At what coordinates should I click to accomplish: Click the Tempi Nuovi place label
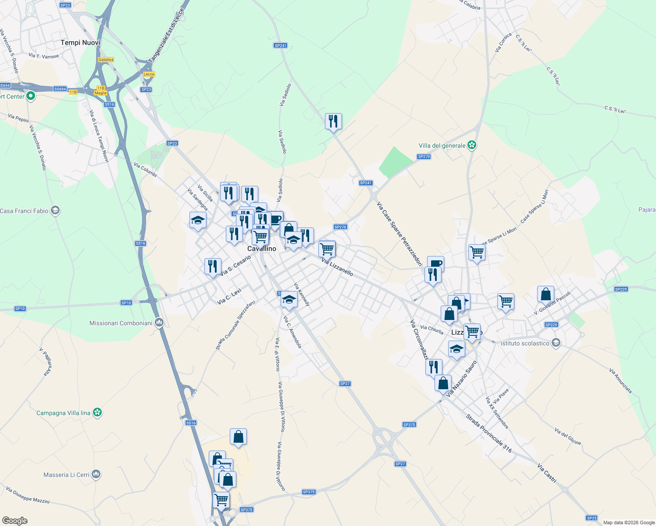(x=80, y=43)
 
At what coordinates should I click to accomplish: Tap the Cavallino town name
(x=262, y=249)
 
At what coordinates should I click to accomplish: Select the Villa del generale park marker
(x=472, y=145)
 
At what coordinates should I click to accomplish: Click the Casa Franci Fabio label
(x=25, y=211)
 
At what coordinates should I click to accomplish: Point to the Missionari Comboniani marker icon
(x=159, y=323)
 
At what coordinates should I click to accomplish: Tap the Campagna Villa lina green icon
(x=97, y=412)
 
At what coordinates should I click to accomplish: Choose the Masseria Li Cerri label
(x=66, y=475)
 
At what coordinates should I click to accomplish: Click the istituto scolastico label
(x=525, y=343)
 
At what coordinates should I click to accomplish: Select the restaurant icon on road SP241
(x=333, y=121)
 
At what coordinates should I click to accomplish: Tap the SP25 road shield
(x=592, y=518)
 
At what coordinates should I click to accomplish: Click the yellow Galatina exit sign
(x=106, y=60)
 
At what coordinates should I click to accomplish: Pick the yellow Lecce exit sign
(x=149, y=74)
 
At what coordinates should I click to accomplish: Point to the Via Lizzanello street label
(x=337, y=267)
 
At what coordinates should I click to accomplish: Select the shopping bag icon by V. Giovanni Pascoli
(x=545, y=294)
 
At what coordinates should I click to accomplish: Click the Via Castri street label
(x=547, y=473)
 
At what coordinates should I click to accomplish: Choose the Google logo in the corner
(x=15, y=521)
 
